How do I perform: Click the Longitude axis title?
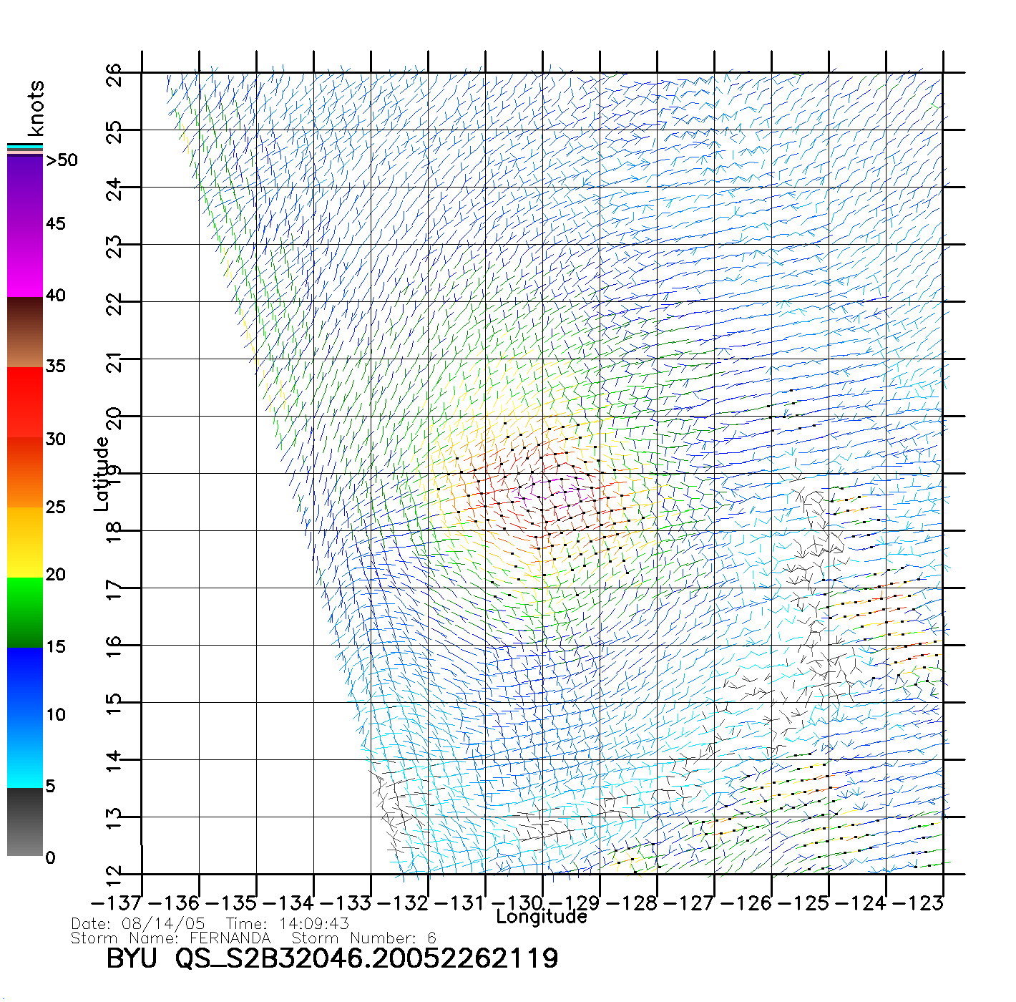542,917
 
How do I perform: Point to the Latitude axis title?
102,474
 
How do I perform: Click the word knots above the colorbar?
36,108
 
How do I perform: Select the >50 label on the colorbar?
62,160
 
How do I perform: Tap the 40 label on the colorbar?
56,296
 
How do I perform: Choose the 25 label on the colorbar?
56,507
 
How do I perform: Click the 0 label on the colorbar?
50,857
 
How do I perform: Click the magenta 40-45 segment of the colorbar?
25,261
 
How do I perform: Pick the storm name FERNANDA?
230,938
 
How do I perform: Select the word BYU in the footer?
132,958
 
